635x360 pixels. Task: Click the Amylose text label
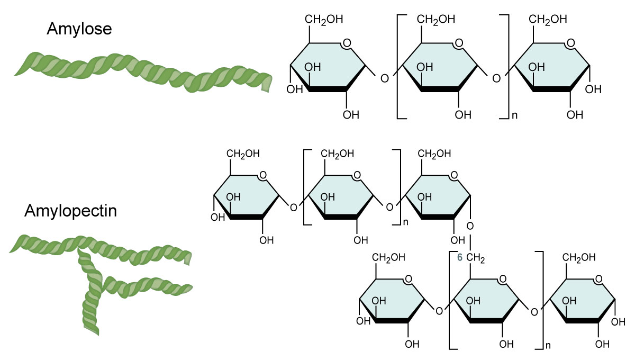point(79,29)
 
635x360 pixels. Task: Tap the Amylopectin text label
point(70,211)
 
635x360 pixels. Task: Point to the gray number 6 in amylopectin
point(459,258)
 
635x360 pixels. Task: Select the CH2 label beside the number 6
point(475,258)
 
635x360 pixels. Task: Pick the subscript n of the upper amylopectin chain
point(406,222)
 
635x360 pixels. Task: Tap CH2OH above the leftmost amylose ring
point(323,20)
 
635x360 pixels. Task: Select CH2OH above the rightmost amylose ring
point(549,20)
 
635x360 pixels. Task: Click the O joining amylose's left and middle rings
point(384,79)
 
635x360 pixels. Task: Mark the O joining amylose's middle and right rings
point(496,79)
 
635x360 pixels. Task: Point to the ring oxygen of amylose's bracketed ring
point(459,43)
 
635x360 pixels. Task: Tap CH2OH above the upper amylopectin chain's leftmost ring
point(243,154)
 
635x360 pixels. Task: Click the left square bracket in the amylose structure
point(398,66)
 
